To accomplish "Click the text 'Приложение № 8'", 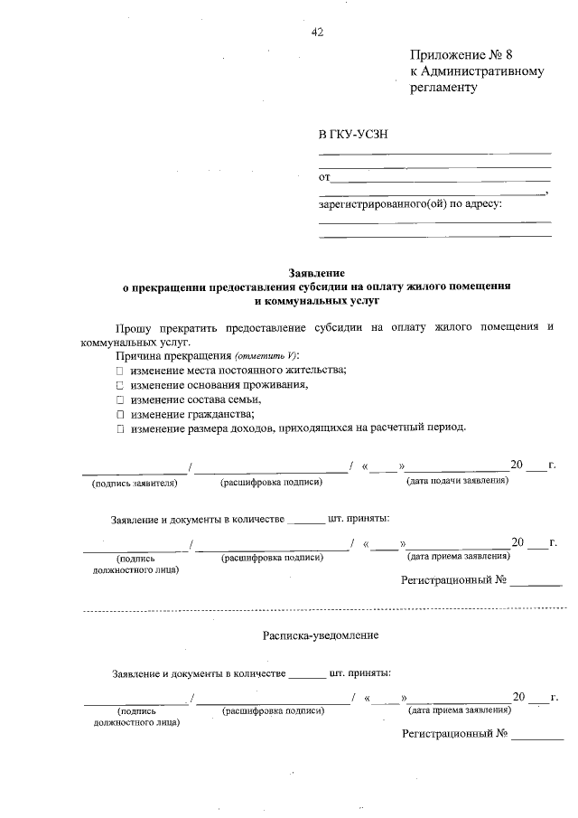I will tap(466, 55).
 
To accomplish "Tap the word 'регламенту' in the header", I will tap(442, 88).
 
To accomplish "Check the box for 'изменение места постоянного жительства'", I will tap(119, 371).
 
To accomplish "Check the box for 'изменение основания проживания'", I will tap(119, 385).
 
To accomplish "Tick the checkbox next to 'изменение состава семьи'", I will tap(119, 400).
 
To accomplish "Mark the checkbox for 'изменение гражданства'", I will tap(119, 414).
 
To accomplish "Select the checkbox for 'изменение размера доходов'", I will tap(119, 428).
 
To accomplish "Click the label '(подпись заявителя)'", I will tap(135, 483).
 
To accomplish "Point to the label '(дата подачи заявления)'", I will tap(458, 479).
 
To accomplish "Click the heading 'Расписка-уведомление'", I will tap(321, 635).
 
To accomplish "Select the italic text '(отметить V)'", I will tap(253, 356).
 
